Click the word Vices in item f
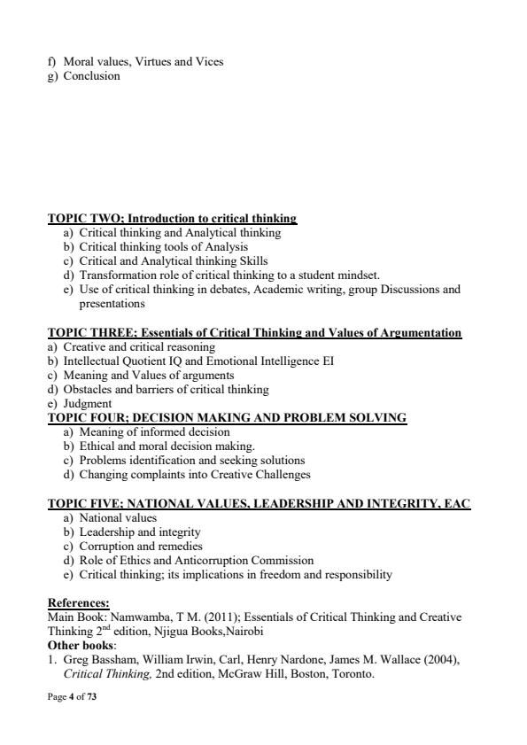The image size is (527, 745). [209, 62]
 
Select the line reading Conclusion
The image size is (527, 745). [91, 76]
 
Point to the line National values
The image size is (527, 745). [118, 517]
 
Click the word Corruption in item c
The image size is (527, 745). [110, 546]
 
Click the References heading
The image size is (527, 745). [78, 602]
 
